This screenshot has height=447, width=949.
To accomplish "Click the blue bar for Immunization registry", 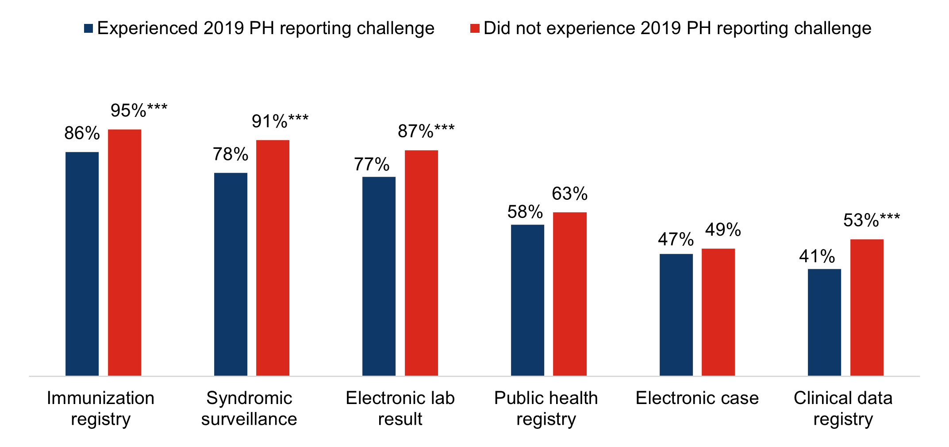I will (82, 264).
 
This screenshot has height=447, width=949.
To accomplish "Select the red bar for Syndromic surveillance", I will (273, 258).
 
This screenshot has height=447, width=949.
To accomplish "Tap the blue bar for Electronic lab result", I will (379, 276).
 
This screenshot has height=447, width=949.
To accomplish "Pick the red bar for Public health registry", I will (569, 294).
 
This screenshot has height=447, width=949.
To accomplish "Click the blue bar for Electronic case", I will (676, 315).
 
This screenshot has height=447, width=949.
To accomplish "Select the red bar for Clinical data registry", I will (866, 307).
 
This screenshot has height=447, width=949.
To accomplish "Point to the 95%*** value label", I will (138, 110).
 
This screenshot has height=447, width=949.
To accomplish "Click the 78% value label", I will (231, 154).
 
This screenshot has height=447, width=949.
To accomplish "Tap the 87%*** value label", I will (426, 131).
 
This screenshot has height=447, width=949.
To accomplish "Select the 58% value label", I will (525, 212).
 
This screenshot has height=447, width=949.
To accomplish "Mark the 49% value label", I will (723, 229).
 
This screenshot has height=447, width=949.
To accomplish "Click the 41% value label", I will (817, 256).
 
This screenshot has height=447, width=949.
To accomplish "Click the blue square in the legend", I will (88, 29).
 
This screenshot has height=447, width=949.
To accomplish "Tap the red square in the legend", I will (475, 29).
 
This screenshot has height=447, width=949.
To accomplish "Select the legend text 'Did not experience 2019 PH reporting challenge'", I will (677, 28).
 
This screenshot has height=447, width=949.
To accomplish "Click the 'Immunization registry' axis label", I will (100, 408).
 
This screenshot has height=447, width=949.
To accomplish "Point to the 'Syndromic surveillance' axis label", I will (249, 408).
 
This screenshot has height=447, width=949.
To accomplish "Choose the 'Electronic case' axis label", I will (697, 398).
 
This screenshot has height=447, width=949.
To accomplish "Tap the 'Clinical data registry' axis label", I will (843, 408).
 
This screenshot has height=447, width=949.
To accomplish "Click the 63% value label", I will (569, 194).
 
